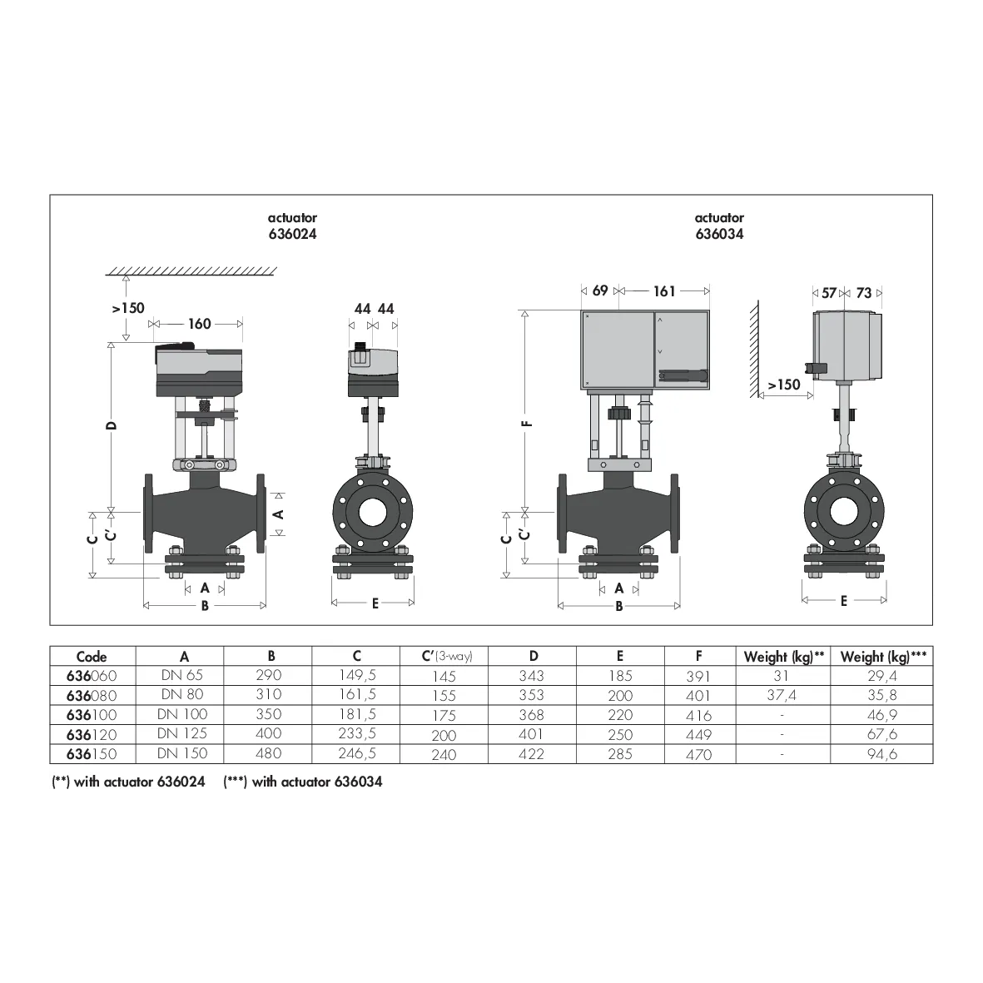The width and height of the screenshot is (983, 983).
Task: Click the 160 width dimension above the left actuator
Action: coord(200,324)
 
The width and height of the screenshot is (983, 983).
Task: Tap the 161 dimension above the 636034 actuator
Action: coord(664,290)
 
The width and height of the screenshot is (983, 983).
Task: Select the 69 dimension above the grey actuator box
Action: coord(600,290)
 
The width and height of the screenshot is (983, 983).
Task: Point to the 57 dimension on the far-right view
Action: coord(829,293)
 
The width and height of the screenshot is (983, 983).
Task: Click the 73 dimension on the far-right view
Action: coord(863,293)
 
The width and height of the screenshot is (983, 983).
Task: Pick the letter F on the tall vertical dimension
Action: coord(528,424)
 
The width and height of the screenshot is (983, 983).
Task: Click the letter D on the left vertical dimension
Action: coord(112,425)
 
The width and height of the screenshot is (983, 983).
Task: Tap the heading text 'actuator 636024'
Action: coord(292,226)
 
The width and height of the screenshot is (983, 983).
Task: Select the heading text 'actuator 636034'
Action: coord(719,226)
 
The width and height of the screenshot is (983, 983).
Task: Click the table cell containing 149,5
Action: coord(357,675)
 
